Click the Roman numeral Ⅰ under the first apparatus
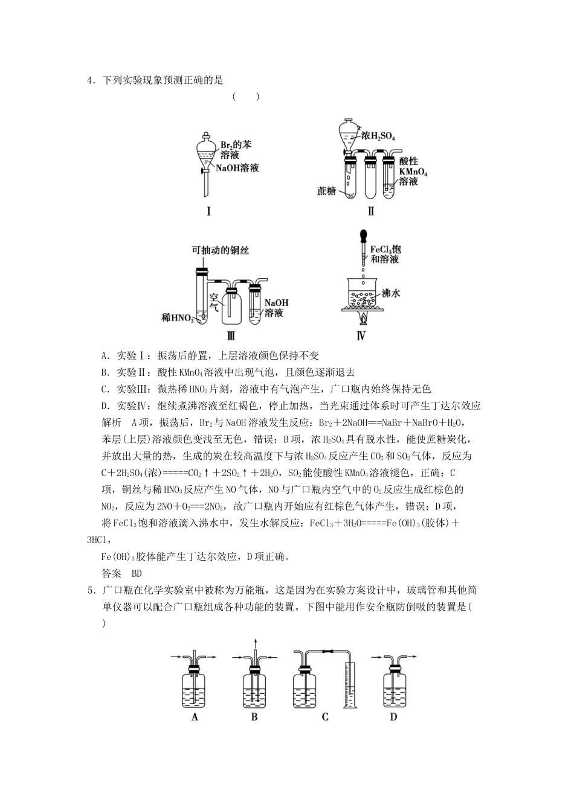pos(208,211)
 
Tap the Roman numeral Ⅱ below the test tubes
pos(370,211)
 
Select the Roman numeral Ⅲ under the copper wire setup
pos(230,336)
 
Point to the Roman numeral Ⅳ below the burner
pos(361,336)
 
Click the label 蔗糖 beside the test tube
pos(326,191)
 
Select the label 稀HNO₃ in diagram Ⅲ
pos(177,317)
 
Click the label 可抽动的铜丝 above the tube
pos(220,249)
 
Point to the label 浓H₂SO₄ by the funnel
pos(378,136)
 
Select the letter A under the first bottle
pos(195,717)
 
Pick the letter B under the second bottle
pos(254,717)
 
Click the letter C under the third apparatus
pos(325,717)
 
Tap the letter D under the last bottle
pos(393,717)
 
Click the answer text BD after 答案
pos(136,573)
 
